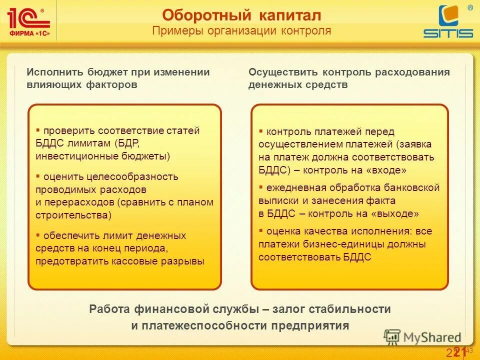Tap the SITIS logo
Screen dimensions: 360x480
pyautogui.click(x=448, y=22)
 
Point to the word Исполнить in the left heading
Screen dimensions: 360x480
pyautogui.click(x=55, y=72)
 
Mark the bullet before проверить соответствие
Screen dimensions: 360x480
pyautogui.click(x=38, y=129)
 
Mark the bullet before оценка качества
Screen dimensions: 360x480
pyautogui.click(x=261, y=230)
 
